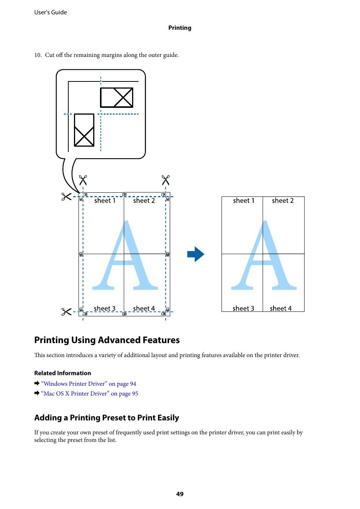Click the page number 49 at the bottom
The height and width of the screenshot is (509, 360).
pos(180,494)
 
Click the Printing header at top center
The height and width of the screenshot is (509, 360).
pos(180,28)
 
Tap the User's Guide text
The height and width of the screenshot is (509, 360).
pos(51,12)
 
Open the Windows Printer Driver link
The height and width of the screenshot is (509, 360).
pos(89,384)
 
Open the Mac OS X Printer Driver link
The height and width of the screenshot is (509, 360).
pos(90,394)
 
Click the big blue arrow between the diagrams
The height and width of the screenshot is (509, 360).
pos(196,254)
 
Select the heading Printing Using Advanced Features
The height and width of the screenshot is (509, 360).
pos(107,340)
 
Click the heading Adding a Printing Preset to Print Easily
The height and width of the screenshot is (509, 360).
pos(106,418)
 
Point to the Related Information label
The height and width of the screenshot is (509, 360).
pos(63,373)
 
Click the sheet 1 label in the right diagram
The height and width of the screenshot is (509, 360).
pos(244,201)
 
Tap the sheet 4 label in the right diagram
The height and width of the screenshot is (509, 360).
pos(281,308)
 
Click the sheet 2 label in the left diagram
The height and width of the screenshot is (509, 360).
pos(144,201)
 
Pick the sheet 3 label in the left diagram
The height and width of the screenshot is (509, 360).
pos(105,308)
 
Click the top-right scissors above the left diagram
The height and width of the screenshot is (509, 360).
pos(166,180)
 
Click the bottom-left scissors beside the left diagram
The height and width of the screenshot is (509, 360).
pos(66,312)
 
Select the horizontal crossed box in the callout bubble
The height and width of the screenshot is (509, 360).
pos(117,98)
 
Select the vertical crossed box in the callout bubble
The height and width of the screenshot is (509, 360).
pos(84,130)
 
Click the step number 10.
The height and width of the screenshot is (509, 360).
pos(38,55)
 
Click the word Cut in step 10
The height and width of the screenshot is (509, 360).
pos(50,55)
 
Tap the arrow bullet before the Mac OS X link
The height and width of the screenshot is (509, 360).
pos(37,393)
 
